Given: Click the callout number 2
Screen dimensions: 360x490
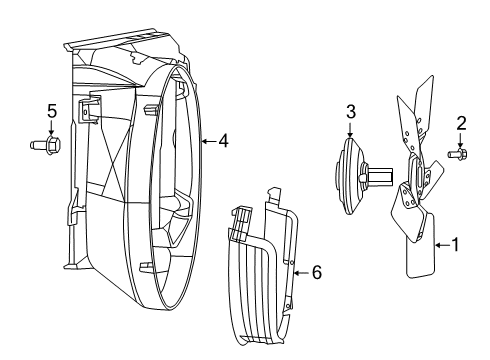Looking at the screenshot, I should tap(462, 123).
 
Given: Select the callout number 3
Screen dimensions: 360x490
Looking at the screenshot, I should tap(351, 110).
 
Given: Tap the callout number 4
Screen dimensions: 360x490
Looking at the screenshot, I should tap(223, 141).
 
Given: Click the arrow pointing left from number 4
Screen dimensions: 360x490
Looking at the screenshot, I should tap(205, 141).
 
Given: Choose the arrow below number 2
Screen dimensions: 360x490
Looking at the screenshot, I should tap(462, 139).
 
